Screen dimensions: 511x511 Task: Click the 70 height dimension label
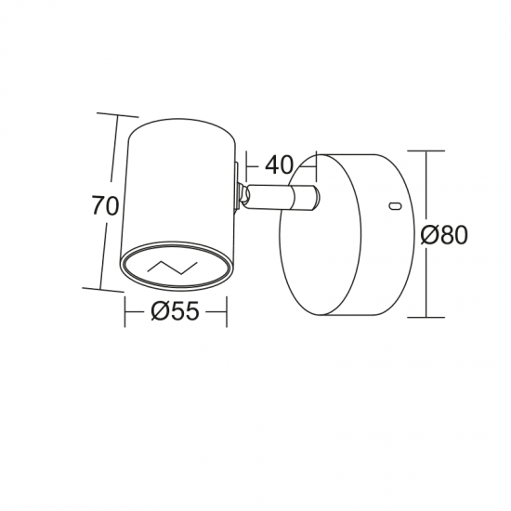click(x=105, y=205)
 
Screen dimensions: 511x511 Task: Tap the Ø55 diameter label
click(x=175, y=310)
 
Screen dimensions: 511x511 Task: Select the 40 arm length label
click(x=279, y=164)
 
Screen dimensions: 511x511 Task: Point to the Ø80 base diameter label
click(x=444, y=235)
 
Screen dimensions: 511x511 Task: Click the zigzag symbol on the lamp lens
click(x=173, y=268)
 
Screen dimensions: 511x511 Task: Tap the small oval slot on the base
click(x=396, y=205)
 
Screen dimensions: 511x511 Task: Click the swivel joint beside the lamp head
click(x=243, y=196)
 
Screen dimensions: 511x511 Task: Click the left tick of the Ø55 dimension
click(x=124, y=311)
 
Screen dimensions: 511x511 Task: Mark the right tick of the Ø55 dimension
click(x=227, y=311)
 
